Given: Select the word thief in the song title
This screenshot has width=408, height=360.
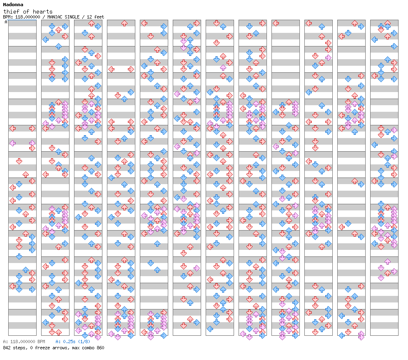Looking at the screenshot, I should (11, 12).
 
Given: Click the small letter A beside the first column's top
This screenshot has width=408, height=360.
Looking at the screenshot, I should (6, 22).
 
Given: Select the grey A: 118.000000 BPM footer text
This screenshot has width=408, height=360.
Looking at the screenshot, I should (24, 342).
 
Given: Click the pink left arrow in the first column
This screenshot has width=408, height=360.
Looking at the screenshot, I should (12, 143).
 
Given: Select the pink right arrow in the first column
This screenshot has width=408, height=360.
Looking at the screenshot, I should (32, 143).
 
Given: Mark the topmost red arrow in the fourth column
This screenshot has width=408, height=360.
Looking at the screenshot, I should (124, 23).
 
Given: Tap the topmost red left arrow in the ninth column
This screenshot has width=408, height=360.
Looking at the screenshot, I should (276, 23).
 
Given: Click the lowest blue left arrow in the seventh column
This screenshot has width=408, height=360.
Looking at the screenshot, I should (210, 328).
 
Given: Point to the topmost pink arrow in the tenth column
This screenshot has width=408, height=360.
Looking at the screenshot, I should (328, 58).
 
